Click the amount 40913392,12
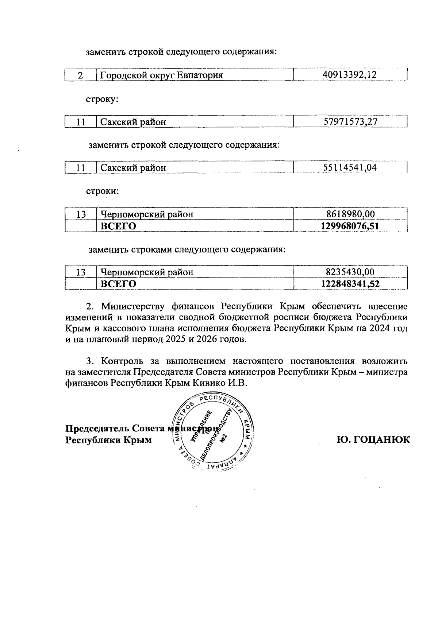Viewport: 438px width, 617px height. point(350,75)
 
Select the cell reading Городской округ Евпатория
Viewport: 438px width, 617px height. point(161,75)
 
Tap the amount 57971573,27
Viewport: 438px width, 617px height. point(350,122)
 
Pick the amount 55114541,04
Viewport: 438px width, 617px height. point(350,168)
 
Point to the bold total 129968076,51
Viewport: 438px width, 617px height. point(350,226)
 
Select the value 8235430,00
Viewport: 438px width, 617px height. point(350,272)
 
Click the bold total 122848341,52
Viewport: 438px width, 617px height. point(350,284)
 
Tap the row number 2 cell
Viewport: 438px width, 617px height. point(80,75)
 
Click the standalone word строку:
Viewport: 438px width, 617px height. point(102,99)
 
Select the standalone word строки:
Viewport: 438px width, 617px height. point(102,191)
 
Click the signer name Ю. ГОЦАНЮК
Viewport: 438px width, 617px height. point(373,440)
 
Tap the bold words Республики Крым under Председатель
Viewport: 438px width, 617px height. point(108,440)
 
